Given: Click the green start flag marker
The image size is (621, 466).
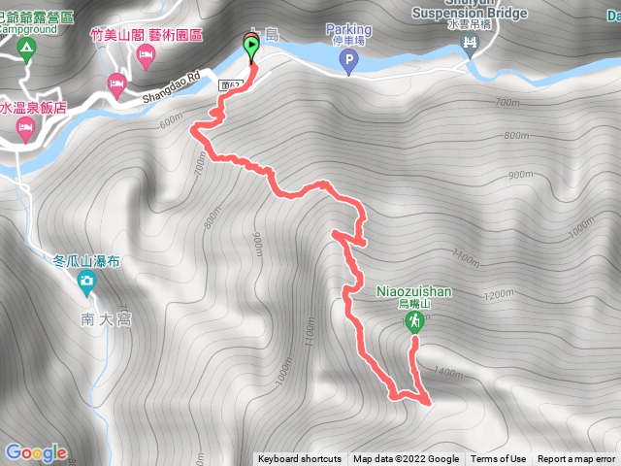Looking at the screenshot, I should pyautogui.click(x=251, y=46).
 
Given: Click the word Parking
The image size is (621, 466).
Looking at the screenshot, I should pyautogui.click(x=348, y=30).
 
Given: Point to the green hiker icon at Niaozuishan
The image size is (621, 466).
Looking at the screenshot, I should pyautogui.click(x=414, y=321).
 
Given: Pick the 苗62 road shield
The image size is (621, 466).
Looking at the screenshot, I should pyautogui.click(x=231, y=85).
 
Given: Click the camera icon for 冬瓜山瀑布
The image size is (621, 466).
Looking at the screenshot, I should pyautogui.click(x=86, y=283).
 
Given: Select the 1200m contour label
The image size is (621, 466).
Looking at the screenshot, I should pyautogui.click(x=498, y=294).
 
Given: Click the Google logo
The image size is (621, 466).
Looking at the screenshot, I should pyautogui.click(x=35, y=452).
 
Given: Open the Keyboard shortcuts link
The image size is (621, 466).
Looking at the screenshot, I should pyautogui.click(x=300, y=459).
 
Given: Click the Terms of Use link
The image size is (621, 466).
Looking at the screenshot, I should pyautogui.click(x=499, y=459).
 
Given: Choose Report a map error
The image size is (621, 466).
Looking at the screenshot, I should pyautogui.click(x=576, y=459).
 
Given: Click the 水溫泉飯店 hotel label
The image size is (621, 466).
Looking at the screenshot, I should pyautogui.click(x=33, y=109).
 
